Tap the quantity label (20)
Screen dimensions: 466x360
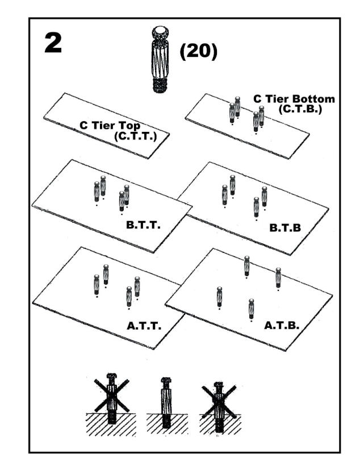click(198, 52)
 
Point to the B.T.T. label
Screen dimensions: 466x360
click(144, 225)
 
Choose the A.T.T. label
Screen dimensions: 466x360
click(145, 327)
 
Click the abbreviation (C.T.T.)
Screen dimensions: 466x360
click(135, 136)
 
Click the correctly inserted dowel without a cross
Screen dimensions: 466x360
click(166, 402)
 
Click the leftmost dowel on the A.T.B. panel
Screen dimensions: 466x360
click(219, 297)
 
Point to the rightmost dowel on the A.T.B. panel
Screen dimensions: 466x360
click(278, 277)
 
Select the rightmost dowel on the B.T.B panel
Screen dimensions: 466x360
click(264, 196)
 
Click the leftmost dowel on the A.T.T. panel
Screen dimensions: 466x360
click(97, 284)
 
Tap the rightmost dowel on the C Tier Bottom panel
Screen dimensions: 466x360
click(261, 116)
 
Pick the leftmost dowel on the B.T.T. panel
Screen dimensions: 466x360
click(97, 192)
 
